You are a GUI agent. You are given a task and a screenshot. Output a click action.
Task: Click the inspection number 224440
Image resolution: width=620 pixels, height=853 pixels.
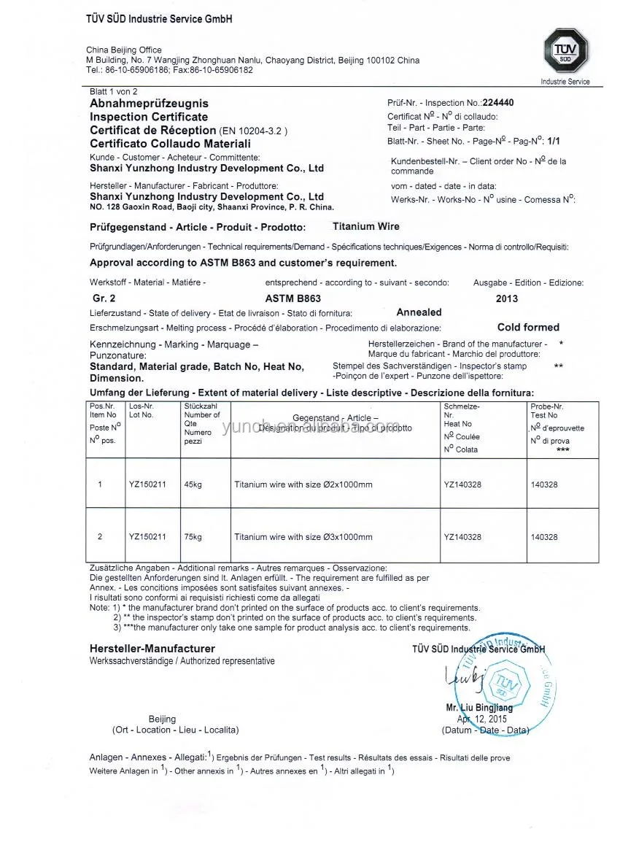(498, 103)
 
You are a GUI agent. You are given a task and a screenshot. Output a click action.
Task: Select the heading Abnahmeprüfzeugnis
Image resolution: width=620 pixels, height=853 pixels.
(149, 104)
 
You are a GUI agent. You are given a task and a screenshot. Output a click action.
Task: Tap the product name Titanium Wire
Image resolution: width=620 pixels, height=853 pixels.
(365, 226)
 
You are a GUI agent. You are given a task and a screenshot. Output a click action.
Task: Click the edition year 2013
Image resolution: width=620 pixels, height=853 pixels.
(506, 298)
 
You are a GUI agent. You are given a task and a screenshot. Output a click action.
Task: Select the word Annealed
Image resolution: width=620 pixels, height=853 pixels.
(419, 312)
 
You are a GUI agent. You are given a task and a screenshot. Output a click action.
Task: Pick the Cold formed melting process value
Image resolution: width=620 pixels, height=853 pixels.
(528, 328)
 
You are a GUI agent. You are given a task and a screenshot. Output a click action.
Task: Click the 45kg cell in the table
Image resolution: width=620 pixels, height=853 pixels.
(193, 485)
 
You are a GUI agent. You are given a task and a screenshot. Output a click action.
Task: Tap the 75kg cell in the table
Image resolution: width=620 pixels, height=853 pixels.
(193, 537)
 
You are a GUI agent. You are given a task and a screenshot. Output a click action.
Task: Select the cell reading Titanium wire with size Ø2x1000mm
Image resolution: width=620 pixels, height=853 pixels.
(303, 485)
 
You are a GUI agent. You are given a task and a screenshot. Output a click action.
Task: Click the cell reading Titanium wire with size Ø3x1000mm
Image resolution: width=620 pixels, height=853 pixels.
(303, 537)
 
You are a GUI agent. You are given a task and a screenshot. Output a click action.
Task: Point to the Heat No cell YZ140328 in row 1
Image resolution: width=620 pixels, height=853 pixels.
(462, 485)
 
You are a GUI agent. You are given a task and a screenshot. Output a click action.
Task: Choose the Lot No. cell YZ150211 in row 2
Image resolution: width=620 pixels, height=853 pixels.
(147, 537)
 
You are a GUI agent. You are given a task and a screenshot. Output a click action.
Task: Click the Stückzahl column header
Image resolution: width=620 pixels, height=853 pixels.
(198, 406)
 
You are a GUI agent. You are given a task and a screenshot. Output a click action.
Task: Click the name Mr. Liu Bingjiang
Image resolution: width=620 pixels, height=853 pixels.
(478, 707)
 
